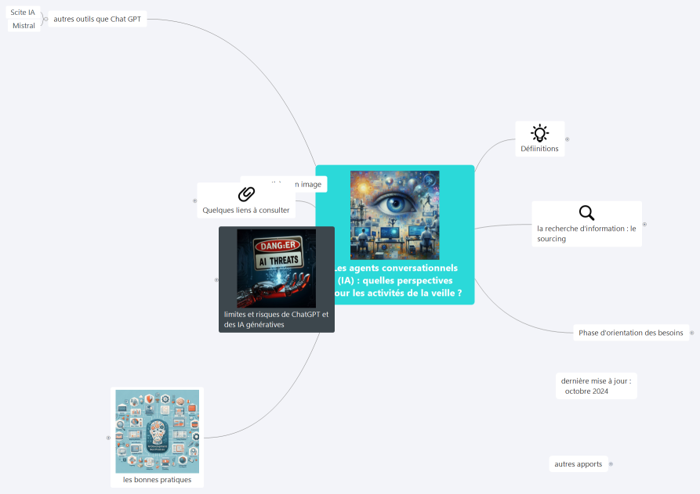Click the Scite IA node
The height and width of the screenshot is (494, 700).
[x=23, y=12]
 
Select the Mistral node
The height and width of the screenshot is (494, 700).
[x=24, y=26]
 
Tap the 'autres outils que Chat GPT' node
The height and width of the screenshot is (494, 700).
[x=97, y=19]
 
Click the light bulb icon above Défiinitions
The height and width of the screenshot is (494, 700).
[x=539, y=132]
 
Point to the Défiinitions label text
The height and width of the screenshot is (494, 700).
[x=539, y=149]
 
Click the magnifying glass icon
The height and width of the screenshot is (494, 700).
[x=586, y=212]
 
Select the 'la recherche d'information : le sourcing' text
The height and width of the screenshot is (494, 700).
[x=586, y=233]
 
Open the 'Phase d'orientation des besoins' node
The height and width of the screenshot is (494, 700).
[x=630, y=333]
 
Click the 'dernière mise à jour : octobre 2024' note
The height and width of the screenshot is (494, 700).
[x=596, y=386]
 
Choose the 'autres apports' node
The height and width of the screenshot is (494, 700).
[x=578, y=464]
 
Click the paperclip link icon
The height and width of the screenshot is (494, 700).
[x=246, y=194]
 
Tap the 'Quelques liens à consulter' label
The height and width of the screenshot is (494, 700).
[x=246, y=210]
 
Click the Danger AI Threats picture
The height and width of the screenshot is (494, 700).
[x=276, y=268]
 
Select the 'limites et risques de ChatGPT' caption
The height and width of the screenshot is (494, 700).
[x=276, y=319]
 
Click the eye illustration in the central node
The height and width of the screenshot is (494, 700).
[x=394, y=215]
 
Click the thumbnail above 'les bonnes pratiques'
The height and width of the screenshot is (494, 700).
[x=157, y=431]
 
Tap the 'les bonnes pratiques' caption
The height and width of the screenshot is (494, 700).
[x=157, y=479]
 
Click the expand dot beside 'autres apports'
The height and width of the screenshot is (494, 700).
[x=611, y=464]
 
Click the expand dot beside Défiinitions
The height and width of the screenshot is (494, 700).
[x=568, y=139]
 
